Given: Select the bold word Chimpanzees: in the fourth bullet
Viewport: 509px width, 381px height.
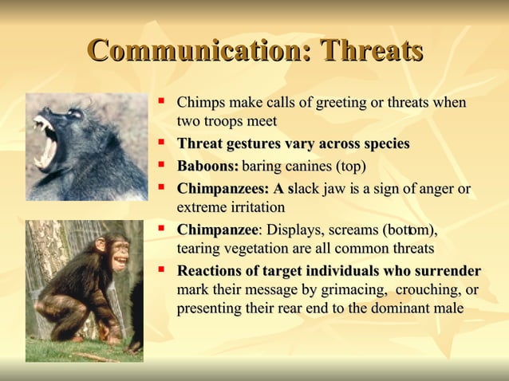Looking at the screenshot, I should [223, 190].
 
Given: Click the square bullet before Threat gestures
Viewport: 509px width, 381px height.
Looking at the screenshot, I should [162, 143].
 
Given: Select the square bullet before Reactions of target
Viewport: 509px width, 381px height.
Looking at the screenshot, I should [162, 269].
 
